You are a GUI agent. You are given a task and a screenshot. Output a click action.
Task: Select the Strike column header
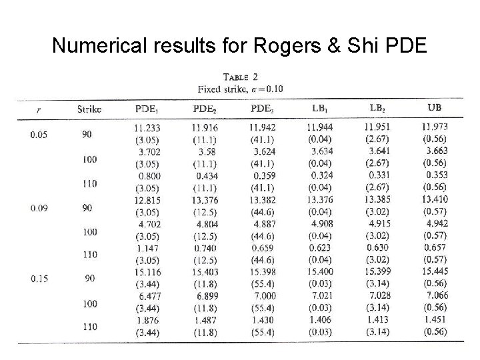pos(89,108)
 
